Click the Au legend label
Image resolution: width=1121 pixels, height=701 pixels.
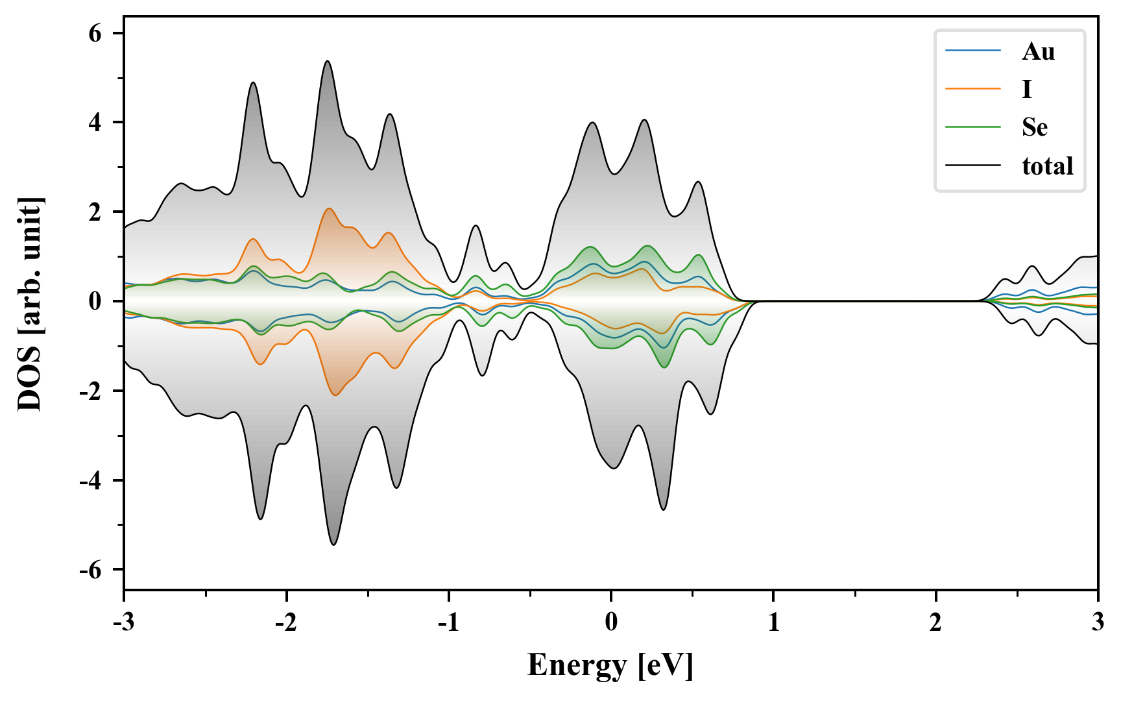pos(1038,52)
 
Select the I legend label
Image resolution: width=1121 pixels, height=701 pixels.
pos(1026,90)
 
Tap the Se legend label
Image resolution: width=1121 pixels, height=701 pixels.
pos(1034,127)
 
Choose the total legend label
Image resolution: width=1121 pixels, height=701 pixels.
pos(1047,166)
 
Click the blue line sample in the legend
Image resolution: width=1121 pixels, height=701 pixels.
pos(972,51)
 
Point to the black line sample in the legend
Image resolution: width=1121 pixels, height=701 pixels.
pos(972,166)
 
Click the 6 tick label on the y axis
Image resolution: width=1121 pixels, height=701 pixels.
pos(95,33)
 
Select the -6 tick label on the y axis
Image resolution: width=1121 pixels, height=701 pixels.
pos(91,570)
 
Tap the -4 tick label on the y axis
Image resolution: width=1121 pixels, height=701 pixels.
pos(91,481)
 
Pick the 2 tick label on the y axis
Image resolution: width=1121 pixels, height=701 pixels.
pos(95,212)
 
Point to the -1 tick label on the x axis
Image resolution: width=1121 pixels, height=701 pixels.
pos(448,622)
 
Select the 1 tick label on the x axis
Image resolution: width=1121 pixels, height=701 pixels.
pos(773,622)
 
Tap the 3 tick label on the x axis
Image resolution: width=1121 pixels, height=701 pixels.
pos(1098,622)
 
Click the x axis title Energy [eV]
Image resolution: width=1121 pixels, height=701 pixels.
pos(610,665)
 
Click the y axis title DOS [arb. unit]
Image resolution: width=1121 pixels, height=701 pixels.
pos(30,304)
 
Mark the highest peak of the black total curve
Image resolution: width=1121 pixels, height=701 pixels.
pos(328,62)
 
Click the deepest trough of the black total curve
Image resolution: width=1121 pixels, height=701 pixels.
pos(334,544)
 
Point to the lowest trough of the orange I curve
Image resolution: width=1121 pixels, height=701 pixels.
pos(335,395)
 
